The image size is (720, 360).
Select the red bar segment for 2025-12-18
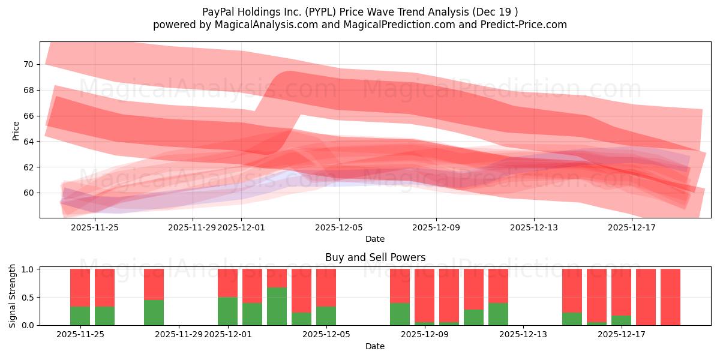coord(646,296)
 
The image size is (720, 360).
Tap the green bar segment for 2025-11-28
coord(154,312)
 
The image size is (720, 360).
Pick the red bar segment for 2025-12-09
coord(424,295)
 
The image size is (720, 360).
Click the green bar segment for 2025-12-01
coord(227,311)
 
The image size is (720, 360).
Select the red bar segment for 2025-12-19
coord(670,296)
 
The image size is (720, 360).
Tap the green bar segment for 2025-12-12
coord(498,314)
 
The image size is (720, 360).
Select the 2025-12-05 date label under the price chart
coord(339,227)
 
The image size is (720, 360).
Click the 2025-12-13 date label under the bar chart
coord(523,335)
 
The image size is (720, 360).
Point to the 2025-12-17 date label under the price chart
coord(632,227)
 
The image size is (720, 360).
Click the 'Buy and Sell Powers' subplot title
coord(375,257)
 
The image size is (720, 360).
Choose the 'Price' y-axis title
coord(16,130)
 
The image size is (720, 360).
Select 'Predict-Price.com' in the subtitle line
coord(521,25)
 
